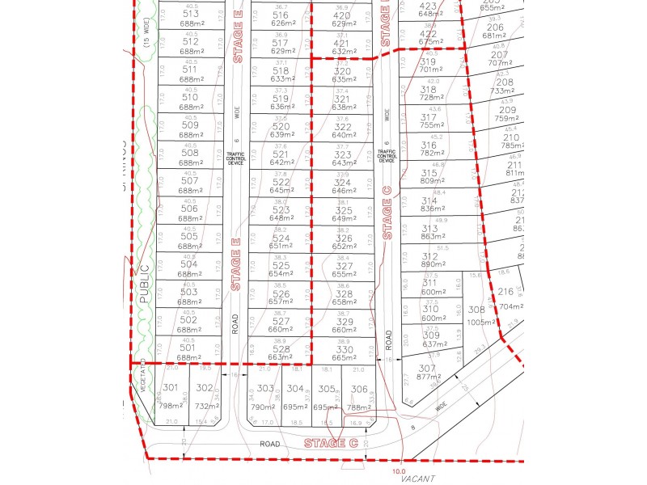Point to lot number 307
428,368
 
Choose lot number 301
170,388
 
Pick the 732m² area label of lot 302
207,407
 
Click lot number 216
505,292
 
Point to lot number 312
429,256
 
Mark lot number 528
281,349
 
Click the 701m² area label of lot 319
430,70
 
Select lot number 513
191,14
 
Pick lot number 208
505,82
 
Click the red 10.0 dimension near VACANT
398,471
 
